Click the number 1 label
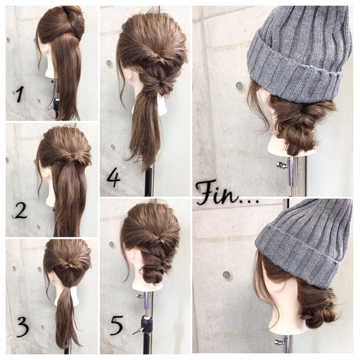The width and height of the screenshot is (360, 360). [x=19, y=95]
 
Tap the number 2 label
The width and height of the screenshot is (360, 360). [x=21, y=211]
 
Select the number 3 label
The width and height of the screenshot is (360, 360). [x=22, y=327]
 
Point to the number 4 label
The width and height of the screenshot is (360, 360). [x=114, y=178]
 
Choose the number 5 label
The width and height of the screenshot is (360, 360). [x=116, y=326]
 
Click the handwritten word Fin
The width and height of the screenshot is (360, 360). [x=216, y=192]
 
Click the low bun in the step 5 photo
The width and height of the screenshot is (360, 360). [x=152, y=275]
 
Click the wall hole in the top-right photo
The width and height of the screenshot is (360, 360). [x=240, y=86]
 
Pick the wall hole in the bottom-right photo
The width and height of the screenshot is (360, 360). [x=227, y=275]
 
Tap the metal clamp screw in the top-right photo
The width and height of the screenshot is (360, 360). [x=282, y=165]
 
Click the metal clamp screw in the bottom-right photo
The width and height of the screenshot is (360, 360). [x=280, y=343]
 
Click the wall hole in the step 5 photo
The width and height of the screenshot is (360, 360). [x=112, y=245]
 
